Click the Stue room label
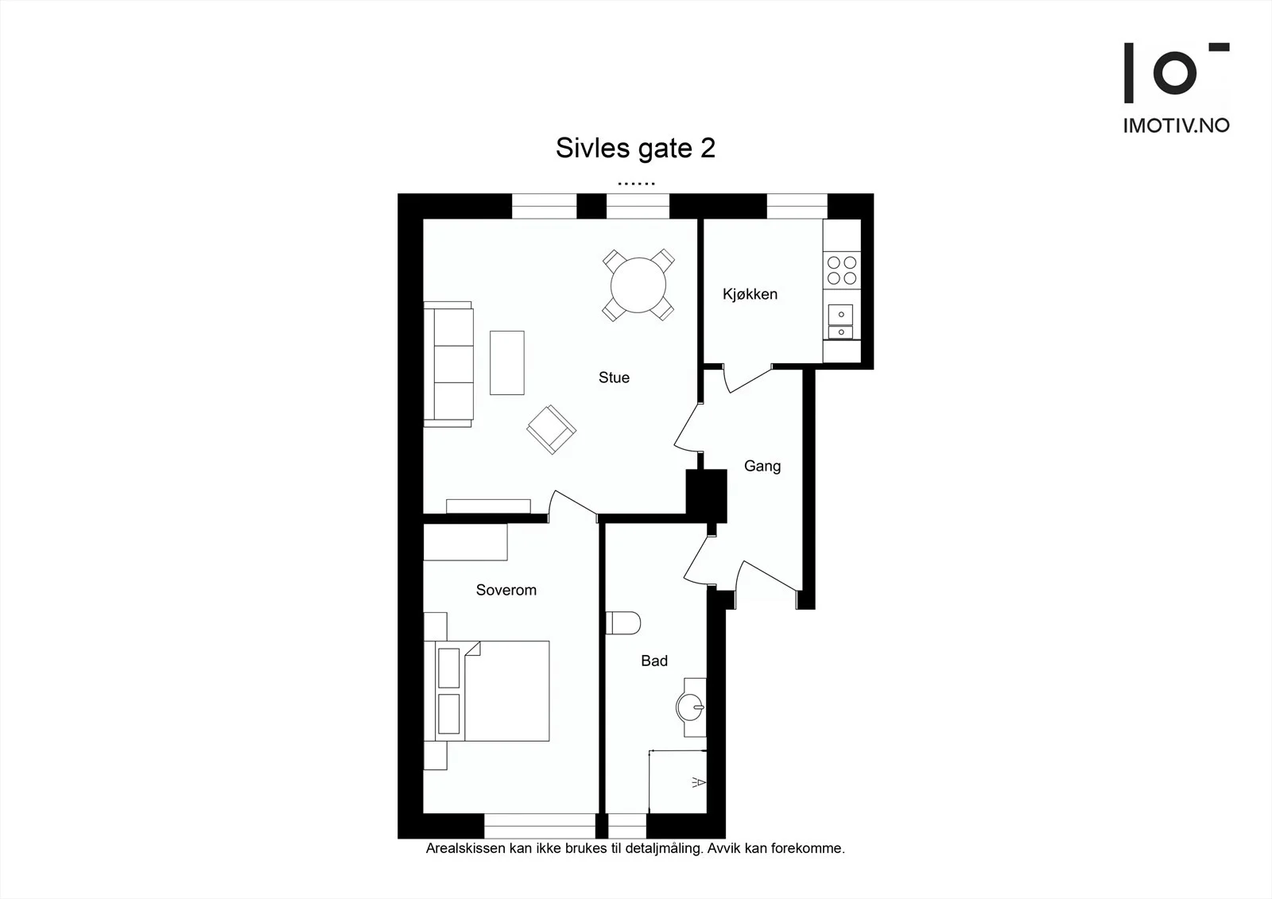point(614,378)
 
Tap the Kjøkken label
point(750,294)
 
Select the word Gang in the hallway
point(762,467)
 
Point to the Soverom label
point(506,590)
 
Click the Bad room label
point(654,661)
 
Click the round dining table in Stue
point(638,285)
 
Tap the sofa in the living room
point(448,364)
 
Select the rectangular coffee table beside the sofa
point(507,363)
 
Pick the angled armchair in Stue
point(551,429)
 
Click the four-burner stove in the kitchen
point(842,270)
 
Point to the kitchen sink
point(841,321)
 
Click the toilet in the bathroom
point(623,623)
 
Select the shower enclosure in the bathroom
point(677,781)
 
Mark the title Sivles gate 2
point(635,148)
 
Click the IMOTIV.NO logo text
point(1177,126)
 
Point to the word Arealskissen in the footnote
point(466,848)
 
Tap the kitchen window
point(797,206)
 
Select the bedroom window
point(540,826)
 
